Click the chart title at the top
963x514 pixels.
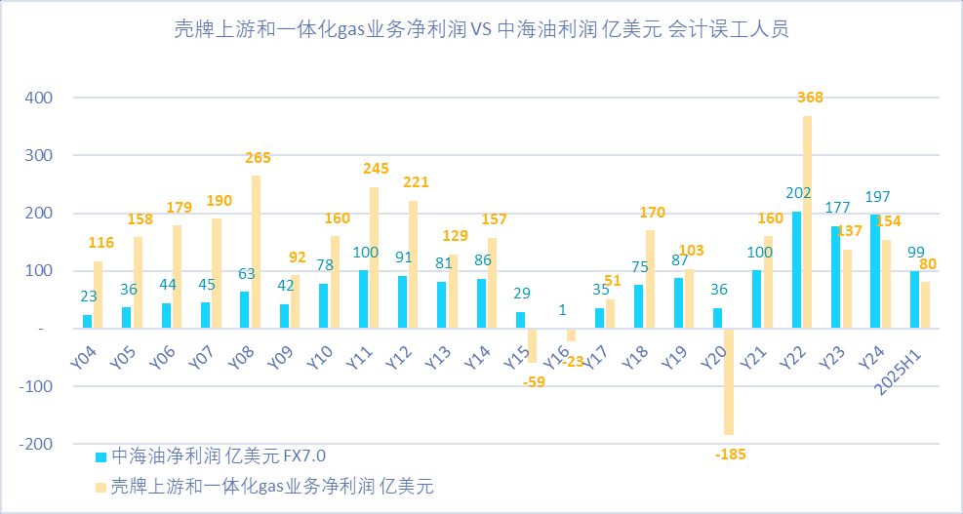(481, 29)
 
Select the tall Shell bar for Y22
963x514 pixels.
(808, 222)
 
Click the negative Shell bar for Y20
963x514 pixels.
(728, 381)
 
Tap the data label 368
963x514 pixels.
(811, 98)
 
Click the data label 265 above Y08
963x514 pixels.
(258, 157)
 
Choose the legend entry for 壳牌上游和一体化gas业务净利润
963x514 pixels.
(263, 485)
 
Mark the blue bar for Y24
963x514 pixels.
(875, 272)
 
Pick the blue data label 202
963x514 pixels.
(798, 193)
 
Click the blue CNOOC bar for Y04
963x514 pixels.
(88, 322)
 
